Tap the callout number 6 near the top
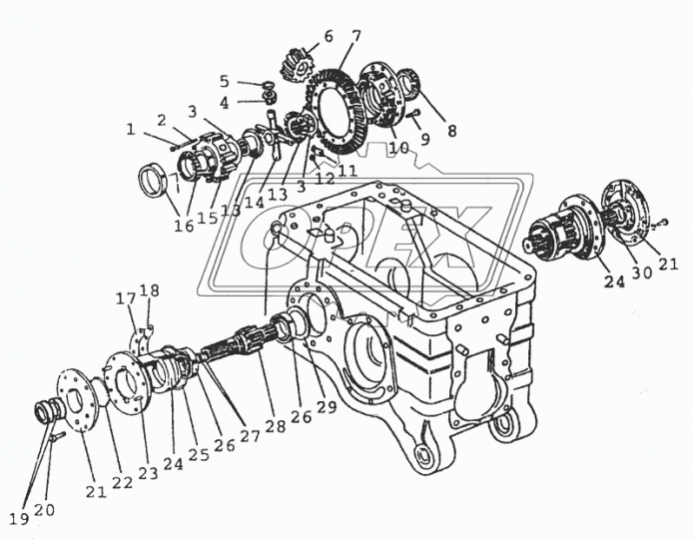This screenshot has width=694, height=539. (328, 37)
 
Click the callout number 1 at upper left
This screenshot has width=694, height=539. (130, 128)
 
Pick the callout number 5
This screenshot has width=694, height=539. (225, 81)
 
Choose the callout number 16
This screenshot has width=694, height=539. (184, 227)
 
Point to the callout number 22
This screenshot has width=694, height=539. (122, 482)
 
